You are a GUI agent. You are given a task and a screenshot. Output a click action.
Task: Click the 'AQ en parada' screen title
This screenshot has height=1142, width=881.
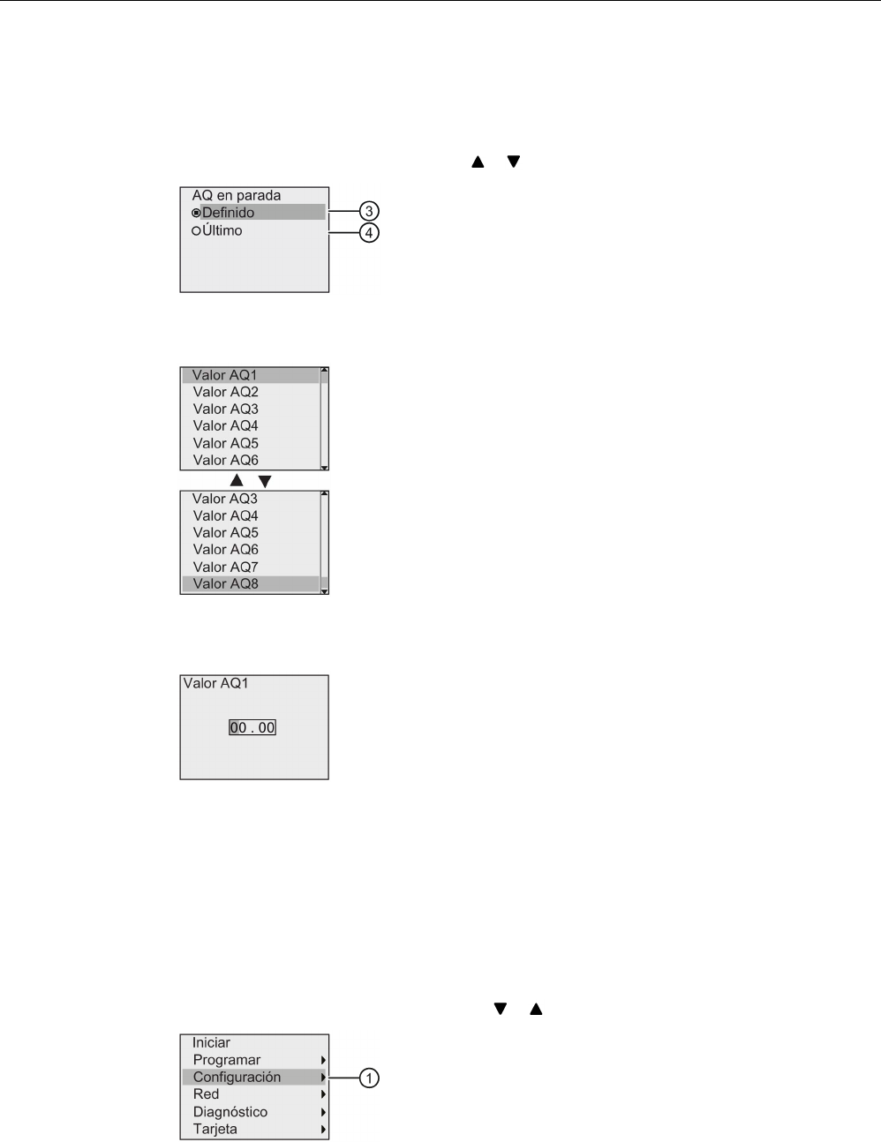(236, 195)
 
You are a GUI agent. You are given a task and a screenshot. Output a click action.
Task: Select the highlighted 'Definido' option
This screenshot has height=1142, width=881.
(229, 213)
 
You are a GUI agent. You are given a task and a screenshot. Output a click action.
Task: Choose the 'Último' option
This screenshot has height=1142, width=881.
(222, 230)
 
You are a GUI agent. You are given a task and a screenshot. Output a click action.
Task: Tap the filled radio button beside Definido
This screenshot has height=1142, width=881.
(196, 213)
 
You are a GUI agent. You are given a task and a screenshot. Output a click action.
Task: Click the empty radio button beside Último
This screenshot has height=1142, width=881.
(196, 230)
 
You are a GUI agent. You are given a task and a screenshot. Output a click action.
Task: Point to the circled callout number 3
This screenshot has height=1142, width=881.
(369, 212)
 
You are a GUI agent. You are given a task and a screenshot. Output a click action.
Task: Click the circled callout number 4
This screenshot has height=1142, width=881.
(369, 234)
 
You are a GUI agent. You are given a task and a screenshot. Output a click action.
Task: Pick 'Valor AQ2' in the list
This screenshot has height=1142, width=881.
(225, 392)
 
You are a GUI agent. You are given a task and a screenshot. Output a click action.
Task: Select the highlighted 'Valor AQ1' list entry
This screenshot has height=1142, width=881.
(225, 375)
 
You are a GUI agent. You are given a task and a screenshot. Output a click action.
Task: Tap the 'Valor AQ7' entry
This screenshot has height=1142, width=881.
(225, 567)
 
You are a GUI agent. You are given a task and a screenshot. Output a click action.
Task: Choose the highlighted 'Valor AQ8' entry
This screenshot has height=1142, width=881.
(225, 583)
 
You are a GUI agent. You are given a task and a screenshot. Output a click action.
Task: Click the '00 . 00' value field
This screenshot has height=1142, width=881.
(252, 728)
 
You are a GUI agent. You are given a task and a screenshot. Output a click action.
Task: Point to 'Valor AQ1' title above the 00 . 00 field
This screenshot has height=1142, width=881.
(215, 683)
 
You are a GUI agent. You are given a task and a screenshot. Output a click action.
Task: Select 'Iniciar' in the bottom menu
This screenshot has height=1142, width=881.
(211, 1042)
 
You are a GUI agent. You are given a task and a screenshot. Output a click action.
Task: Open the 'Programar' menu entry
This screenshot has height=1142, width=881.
(227, 1060)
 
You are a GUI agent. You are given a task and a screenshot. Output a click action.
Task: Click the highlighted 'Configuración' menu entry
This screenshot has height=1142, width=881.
(237, 1077)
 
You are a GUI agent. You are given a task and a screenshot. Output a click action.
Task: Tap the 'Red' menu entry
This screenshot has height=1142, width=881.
(206, 1094)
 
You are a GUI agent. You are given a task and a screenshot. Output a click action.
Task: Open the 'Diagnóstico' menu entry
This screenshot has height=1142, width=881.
(230, 1112)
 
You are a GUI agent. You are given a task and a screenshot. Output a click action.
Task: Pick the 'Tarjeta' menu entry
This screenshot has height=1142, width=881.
(215, 1129)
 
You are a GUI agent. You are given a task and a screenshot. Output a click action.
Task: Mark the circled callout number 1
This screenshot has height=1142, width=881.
(369, 1078)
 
